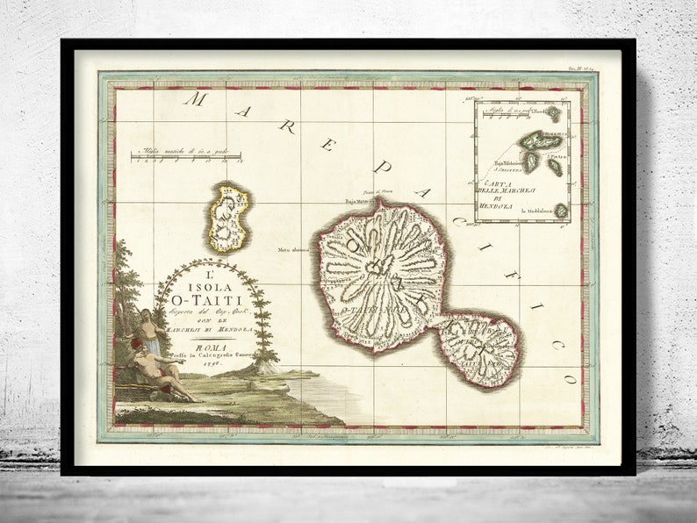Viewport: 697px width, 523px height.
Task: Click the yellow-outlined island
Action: (227, 217)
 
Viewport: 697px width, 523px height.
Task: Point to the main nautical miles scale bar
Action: (187, 156)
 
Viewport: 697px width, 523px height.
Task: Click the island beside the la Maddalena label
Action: (560, 211)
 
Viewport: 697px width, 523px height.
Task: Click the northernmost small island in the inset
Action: (553, 113)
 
